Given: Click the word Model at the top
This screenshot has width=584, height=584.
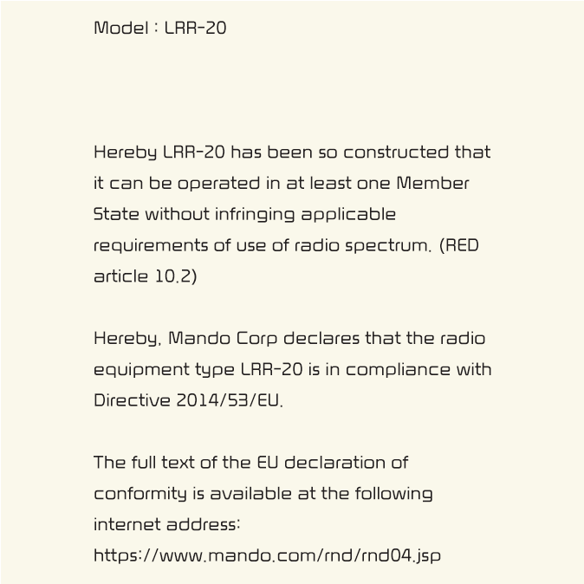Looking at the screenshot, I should (120, 28).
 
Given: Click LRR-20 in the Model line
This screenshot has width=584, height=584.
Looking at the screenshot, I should (195, 28).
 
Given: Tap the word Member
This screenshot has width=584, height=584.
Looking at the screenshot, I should (432, 184).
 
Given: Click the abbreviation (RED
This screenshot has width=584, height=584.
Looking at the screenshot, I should (458, 245).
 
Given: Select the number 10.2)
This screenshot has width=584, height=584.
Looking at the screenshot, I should (177, 276).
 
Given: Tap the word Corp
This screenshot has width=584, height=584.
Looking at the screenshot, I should (256, 339).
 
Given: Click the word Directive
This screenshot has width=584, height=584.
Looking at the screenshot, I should (132, 400).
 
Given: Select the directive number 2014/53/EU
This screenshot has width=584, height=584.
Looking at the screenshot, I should (230, 401).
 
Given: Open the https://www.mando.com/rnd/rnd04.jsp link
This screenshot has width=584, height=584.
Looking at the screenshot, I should (267, 555).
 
